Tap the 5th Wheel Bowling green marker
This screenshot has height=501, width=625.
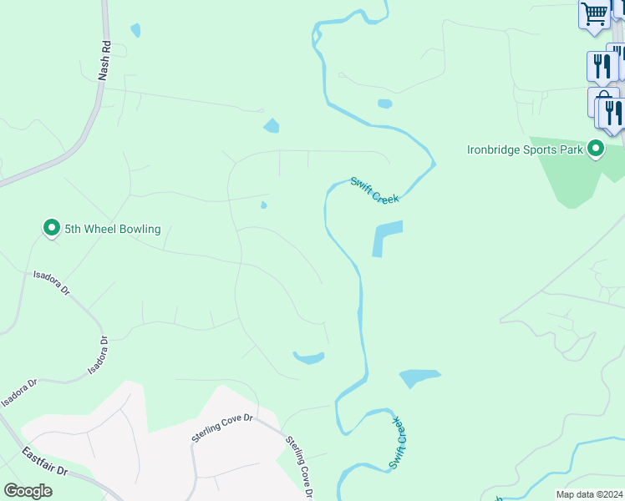(52, 228)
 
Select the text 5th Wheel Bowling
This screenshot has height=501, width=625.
(112, 229)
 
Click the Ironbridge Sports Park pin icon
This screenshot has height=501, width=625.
(596, 149)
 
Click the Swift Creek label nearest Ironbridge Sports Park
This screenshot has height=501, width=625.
(375, 190)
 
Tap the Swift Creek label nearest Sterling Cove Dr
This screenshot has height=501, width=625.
(398, 443)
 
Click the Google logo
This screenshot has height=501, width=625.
(28, 491)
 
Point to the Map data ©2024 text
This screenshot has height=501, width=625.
(589, 494)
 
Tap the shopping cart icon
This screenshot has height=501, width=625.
(594, 13)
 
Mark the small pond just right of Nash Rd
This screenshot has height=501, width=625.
(135, 31)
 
